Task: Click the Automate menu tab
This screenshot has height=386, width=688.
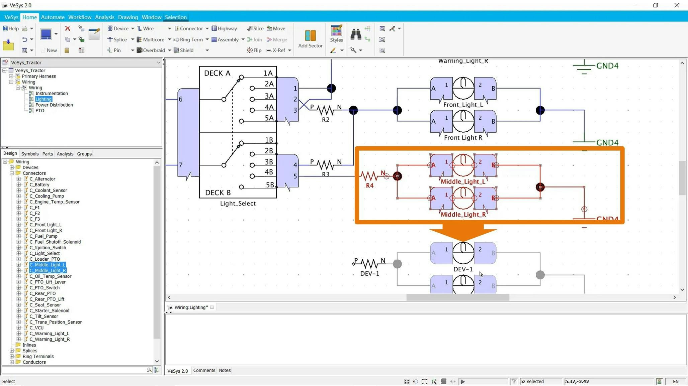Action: pos(53,17)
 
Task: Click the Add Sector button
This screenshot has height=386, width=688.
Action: pos(310,38)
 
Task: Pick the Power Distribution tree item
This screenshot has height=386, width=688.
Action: pos(54,105)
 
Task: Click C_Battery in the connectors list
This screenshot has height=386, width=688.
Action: pos(39,184)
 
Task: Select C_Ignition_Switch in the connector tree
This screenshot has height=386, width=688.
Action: pos(48,248)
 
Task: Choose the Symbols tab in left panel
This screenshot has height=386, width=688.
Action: pos(30,154)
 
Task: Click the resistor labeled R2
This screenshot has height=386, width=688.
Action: pos(325,110)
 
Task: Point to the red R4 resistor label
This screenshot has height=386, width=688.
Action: pos(369,185)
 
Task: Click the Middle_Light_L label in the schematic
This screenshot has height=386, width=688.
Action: pos(463,181)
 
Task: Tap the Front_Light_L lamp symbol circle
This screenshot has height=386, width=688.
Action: pos(463,88)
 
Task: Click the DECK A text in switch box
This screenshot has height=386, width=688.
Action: pos(217,73)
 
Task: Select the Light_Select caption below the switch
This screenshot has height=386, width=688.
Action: pos(238,203)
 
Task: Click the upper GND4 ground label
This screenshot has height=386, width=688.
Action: pos(607,66)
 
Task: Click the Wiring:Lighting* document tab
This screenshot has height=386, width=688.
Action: pos(191,307)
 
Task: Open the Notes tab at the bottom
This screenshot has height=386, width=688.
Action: pos(225,370)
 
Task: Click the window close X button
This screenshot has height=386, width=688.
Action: pos(676,5)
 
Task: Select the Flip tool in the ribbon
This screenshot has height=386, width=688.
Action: pos(254,50)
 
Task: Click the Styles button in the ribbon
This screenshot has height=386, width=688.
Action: pos(336,34)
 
